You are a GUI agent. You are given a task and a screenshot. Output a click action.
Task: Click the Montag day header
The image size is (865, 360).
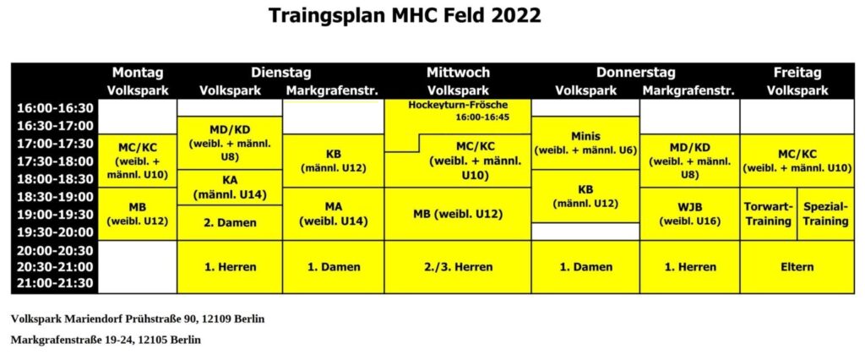point(138,73)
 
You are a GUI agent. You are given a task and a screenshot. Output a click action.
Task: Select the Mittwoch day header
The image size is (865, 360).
point(458,73)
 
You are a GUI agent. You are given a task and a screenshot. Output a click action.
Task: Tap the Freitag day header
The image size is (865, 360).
point(797,73)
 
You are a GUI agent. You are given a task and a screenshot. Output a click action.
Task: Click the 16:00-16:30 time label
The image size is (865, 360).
point(53,107)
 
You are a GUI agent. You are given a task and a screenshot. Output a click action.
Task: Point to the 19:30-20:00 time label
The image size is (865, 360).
point(53,232)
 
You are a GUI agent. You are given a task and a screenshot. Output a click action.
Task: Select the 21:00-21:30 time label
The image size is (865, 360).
point(53,284)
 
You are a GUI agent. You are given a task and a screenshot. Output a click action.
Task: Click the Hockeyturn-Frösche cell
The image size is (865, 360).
point(458,117)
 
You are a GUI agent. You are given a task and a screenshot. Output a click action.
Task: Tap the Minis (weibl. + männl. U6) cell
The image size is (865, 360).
point(586,143)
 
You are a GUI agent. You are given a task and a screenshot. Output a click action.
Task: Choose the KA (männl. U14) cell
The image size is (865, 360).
point(230,188)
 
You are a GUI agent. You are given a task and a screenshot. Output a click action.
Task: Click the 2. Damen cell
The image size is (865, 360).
point(230,223)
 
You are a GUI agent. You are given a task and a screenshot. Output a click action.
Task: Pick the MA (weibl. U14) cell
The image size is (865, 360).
point(333,215)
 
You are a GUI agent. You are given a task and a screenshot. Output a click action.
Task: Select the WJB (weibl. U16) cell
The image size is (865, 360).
point(690,215)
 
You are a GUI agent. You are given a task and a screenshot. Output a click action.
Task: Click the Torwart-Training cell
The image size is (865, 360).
point(769,215)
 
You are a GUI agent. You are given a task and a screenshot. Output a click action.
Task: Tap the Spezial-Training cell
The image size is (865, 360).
point(826,215)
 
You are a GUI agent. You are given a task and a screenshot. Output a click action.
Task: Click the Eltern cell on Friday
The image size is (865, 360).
point(797,267)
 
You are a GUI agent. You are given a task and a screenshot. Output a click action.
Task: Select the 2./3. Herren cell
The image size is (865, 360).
point(458,267)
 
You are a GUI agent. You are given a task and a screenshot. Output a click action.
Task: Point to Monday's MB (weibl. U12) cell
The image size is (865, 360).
point(138,215)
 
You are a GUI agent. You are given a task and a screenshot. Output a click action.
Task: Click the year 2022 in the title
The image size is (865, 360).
point(513,15)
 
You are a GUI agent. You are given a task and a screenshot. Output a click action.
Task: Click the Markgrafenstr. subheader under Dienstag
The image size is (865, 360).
point(333,91)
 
